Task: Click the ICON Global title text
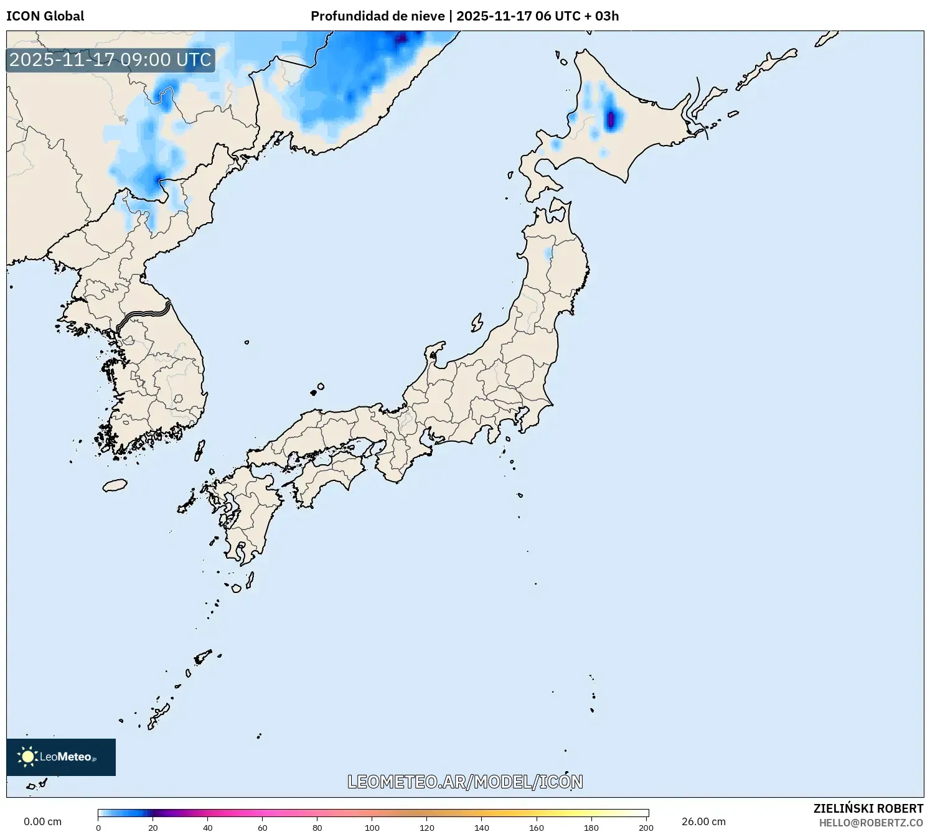coord(45,16)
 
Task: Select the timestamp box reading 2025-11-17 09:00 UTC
coord(110,60)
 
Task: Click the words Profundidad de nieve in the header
coord(378,16)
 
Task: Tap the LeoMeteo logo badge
coord(61,757)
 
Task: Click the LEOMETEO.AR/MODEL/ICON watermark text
coord(465,782)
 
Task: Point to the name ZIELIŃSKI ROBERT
coord(868,808)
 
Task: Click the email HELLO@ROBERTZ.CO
coord(870,823)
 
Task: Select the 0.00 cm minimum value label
coord(42,821)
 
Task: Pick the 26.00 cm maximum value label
coord(703,821)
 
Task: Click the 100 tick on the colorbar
coord(372,828)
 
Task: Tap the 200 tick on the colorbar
coord(646,828)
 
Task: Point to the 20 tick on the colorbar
coord(153,828)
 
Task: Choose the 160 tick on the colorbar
coord(537,828)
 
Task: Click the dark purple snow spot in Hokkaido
coord(611,118)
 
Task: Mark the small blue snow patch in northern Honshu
coord(548,254)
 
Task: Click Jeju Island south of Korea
coord(115,485)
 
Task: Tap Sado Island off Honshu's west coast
coord(477,322)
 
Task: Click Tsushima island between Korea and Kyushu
coord(200,450)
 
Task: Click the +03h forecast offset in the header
coord(601,16)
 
